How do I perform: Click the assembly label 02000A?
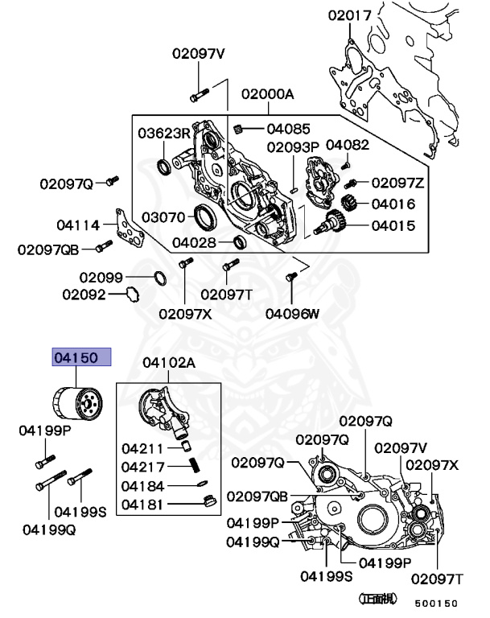[x=267, y=94]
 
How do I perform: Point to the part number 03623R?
[x=164, y=133]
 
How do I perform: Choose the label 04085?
[x=289, y=128]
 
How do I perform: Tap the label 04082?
[x=348, y=144]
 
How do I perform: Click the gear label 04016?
[x=393, y=204]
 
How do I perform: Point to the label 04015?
[x=393, y=226]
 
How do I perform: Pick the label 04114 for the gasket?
[x=78, y=225]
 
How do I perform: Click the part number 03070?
[x=164, y=217]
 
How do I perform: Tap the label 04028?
[x=193, y=242]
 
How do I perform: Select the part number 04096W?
[x=292, y=314]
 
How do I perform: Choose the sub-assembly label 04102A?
[x=169, y=363]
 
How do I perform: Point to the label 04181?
[x=143, y=505]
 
